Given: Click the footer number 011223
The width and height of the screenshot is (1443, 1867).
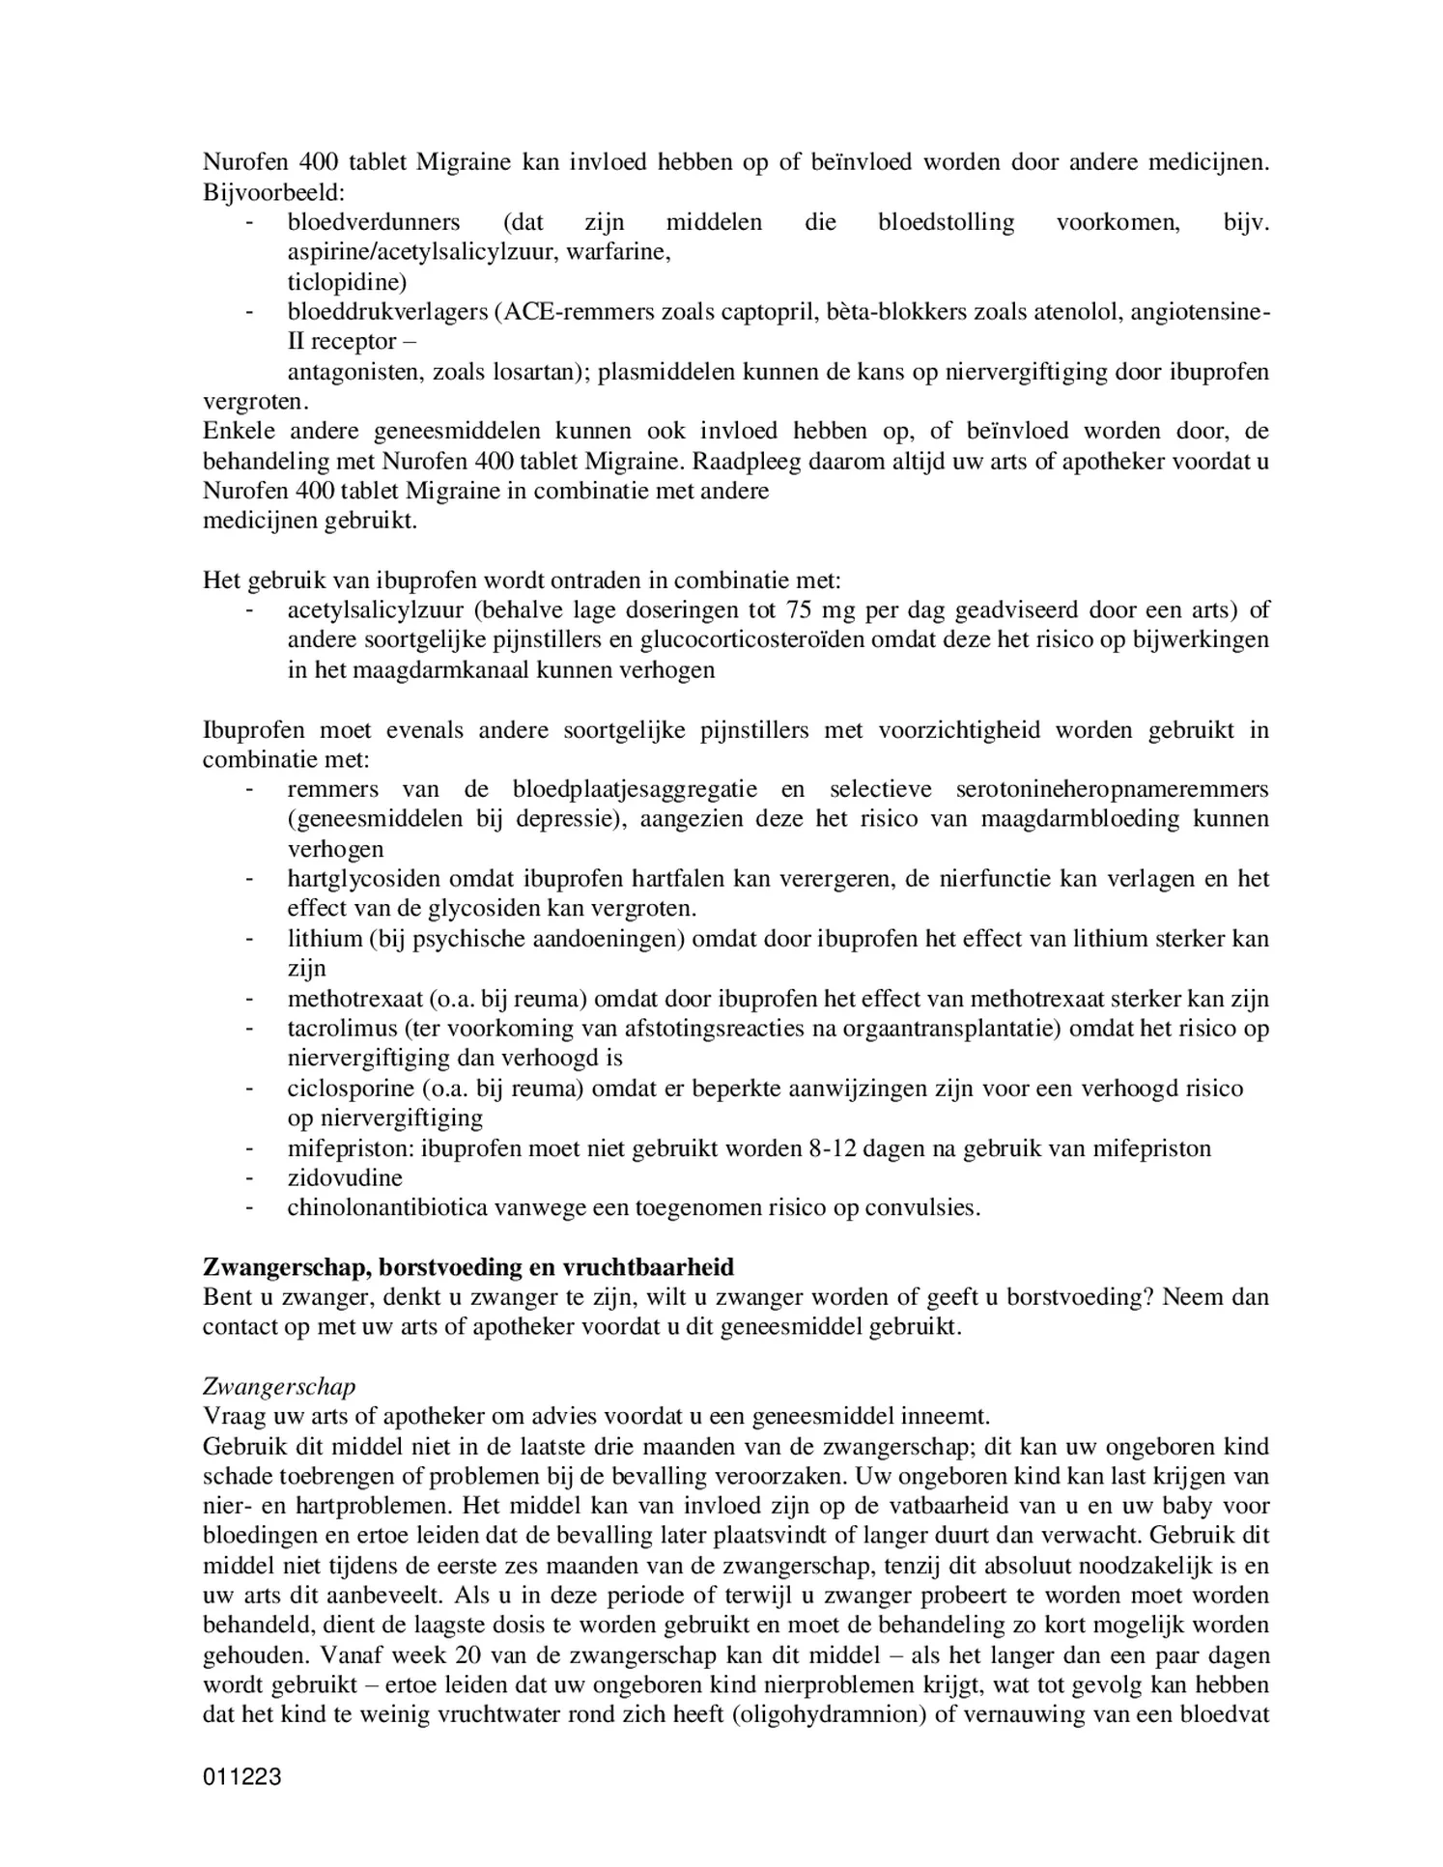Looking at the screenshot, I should point(241,1776).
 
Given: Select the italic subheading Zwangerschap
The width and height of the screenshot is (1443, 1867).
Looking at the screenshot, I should point(279,1387).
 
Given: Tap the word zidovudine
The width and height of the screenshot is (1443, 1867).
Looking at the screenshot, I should point(345,1177).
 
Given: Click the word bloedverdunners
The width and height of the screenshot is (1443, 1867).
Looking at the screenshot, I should point(373,222).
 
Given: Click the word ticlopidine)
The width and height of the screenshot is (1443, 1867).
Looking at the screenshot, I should point(347,282).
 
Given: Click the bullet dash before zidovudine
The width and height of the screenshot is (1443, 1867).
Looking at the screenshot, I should point(250,1177).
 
